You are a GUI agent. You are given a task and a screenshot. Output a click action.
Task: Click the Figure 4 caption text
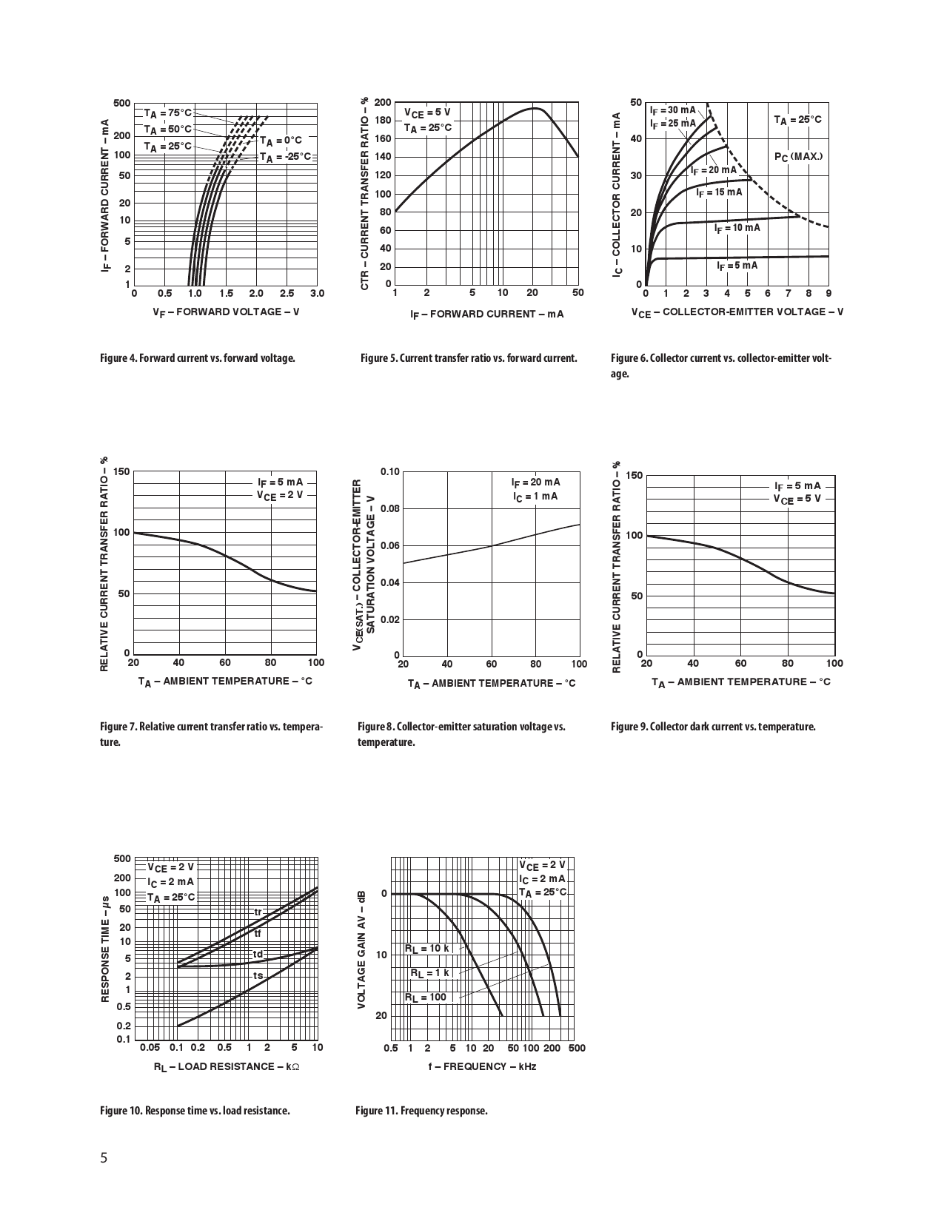(198, 358)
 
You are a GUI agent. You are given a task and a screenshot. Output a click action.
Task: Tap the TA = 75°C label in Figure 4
(167, 113)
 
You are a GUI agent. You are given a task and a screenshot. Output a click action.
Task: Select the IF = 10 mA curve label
(737, 228)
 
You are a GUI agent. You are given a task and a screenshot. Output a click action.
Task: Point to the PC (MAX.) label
(798, 157)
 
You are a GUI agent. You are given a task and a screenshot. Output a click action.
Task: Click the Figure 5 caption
(469, 358)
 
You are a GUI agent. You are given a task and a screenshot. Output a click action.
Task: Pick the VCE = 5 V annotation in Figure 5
(426, 112)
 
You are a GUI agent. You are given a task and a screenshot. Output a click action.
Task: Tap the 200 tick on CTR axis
(382, 102)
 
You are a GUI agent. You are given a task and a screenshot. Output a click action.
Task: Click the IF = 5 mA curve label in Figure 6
(737, 265)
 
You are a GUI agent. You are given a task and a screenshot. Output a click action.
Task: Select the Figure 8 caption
(461, 734)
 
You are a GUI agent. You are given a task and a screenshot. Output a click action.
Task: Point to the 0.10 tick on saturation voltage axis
(390, 472)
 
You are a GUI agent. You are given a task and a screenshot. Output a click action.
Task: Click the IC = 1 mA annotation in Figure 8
(535, 496)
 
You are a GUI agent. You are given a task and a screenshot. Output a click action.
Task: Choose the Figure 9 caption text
(713, 727)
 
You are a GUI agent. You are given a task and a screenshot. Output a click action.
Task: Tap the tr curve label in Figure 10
(258, 912)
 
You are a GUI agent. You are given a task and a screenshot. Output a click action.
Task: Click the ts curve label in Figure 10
(258, 976)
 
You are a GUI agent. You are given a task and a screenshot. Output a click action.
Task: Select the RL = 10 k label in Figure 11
(426, 949)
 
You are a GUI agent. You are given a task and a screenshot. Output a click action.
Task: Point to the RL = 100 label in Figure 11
(425, 998)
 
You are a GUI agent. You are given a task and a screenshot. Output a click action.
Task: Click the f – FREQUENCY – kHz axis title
(482, 1066)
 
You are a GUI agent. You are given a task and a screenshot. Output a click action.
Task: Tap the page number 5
(104, 1158)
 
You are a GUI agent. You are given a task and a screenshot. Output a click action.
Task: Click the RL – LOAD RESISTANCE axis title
(227, 1066)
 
